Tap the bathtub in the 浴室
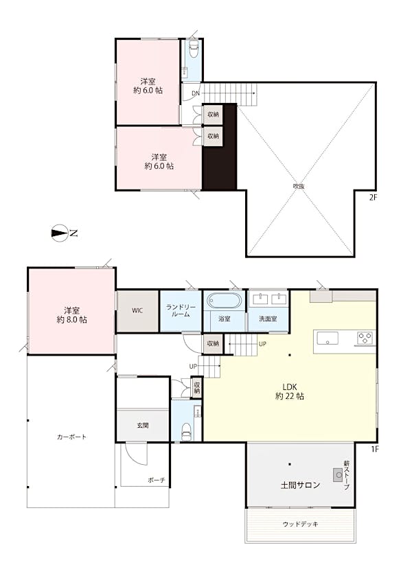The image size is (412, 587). pyautogui.click(x=224, y=300)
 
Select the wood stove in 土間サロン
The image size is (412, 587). pyautogui.click(x=339, y=475)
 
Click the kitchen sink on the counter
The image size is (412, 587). pyautogui.click(x=328, y=338)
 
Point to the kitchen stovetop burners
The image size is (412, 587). pyautogui.click(x=365, y=338)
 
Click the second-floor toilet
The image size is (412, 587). pyautogui.click(x=193, y=49)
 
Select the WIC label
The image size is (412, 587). pyautogui.click(x=137, y=310)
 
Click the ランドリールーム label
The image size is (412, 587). pyautogui.click(x=181, y=311)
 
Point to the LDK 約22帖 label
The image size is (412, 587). pyautogui.click(x=290, y=391)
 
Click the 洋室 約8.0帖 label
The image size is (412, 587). pyautogui.click(x=71, y=315)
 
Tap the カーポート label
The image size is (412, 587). pyautogui.click(x=71, y=437)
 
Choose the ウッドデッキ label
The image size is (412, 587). pyautogui.click(x=300, y=524)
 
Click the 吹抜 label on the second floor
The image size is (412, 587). pyautogui.click(x=299, y=185)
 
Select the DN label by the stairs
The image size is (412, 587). pyautogui.click(x=196, y=93)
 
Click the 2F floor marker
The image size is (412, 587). pyautogui.click(x=373, y=198)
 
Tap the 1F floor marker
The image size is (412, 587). pyautogui.click(x=375, y=449)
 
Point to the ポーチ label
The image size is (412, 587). pyautogui.click(x=157, y=480)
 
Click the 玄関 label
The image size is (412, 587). pyautogui.click(x=143, y=425)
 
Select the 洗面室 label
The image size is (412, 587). pyautogui.click(x=268, y=319)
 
